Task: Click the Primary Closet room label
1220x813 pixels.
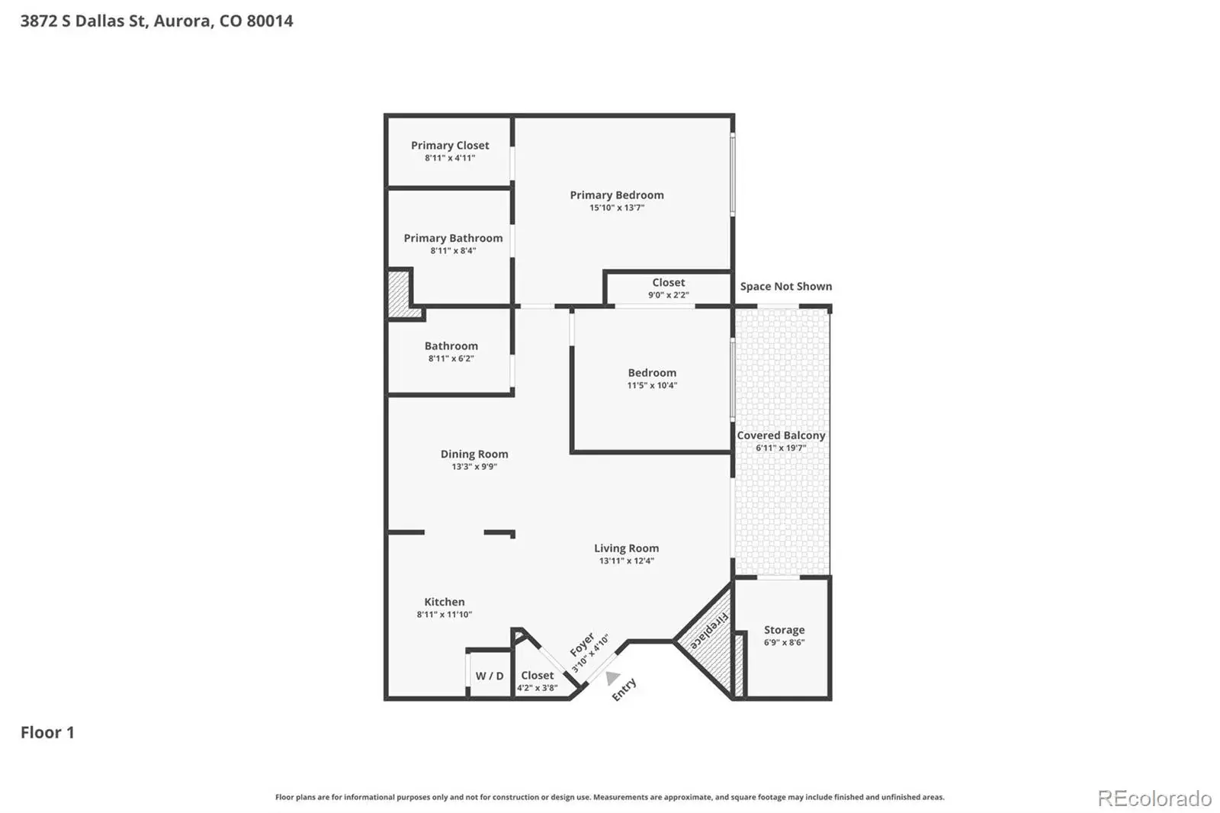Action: (450, 146)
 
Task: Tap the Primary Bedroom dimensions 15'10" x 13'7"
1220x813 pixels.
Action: (617, 207)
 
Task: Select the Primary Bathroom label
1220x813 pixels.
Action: (453, 238)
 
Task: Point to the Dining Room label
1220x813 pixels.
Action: (474, 454)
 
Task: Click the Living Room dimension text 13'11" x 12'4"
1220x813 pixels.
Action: (626, 561)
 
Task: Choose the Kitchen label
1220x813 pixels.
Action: (445, 602)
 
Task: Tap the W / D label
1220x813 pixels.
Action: (490, 676)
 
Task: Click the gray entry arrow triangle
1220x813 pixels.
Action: (613, 677)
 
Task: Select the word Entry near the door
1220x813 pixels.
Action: (624, 689)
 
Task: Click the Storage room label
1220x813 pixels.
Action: (785, 630)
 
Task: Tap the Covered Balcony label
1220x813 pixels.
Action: (781, 435)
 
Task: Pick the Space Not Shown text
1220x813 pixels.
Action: (786, 286)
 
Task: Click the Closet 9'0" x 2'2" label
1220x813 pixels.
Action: (668, 288)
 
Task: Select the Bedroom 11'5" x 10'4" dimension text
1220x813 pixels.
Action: (652, 385)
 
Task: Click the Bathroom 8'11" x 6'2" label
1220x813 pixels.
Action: (451, 352)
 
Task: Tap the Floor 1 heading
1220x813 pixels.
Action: (47, 732)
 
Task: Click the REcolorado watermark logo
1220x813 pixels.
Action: (1154, 799)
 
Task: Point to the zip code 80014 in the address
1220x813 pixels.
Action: (270, 21)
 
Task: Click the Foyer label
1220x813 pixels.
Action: (582, 644)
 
